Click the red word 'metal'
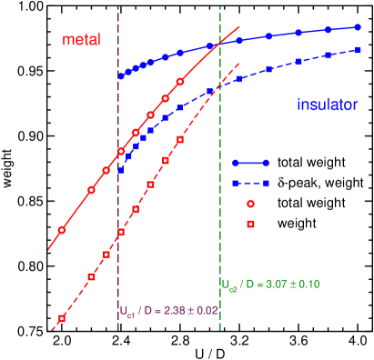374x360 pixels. point(81,40)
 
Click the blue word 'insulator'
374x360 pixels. point(327,105)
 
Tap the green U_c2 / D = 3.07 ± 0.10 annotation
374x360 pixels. point(270,285)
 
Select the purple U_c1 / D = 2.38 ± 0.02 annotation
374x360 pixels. point(168,310)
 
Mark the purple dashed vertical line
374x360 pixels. point(119,227)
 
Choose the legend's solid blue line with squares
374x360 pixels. point(250,163)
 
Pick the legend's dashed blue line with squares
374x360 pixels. point(250,183)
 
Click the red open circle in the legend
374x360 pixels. point(251,204)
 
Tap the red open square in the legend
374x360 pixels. point(251,224)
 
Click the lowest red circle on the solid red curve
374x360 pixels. point(61,230)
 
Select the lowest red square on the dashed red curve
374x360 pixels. point(61,318)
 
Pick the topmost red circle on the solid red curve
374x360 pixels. point(180,82)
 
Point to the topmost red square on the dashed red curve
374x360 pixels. point(180,139)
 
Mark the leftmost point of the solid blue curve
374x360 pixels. point(121,75)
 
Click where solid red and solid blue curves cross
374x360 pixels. point(219,44)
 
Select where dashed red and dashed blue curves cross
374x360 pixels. point(215,88)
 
